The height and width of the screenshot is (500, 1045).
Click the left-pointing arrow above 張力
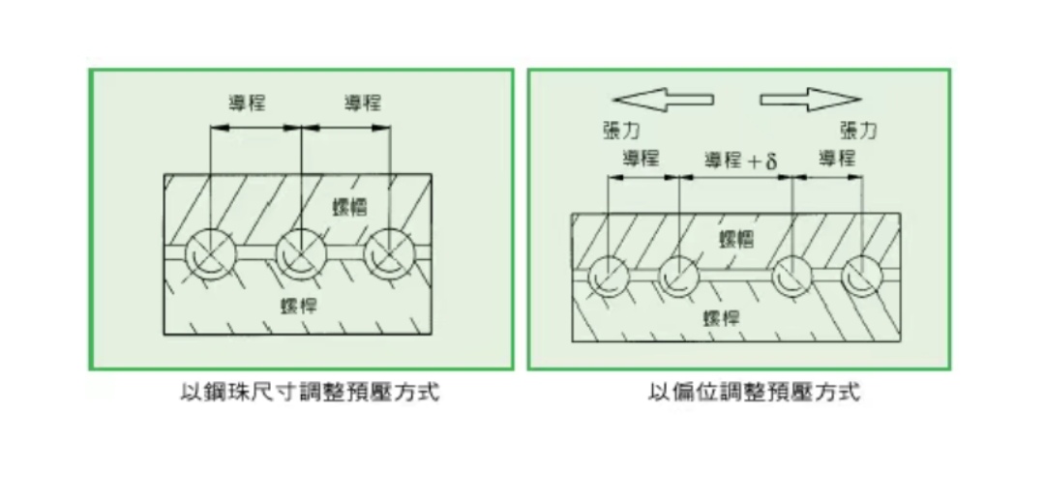tap(663, 99)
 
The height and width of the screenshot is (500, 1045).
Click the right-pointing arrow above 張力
tap(810, 99)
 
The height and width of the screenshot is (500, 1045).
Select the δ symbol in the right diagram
tap(771, 161)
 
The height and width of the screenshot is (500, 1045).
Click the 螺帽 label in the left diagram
tap(346, 207)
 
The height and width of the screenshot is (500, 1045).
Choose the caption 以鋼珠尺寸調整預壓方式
tap(303, 394)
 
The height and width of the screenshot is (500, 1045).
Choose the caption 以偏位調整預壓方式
tap(754, 394)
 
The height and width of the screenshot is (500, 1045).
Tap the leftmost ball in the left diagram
tap(209, 255)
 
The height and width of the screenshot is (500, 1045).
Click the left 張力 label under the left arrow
tap(620, 131)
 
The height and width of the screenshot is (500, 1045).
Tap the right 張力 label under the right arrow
tap(858, 131)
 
